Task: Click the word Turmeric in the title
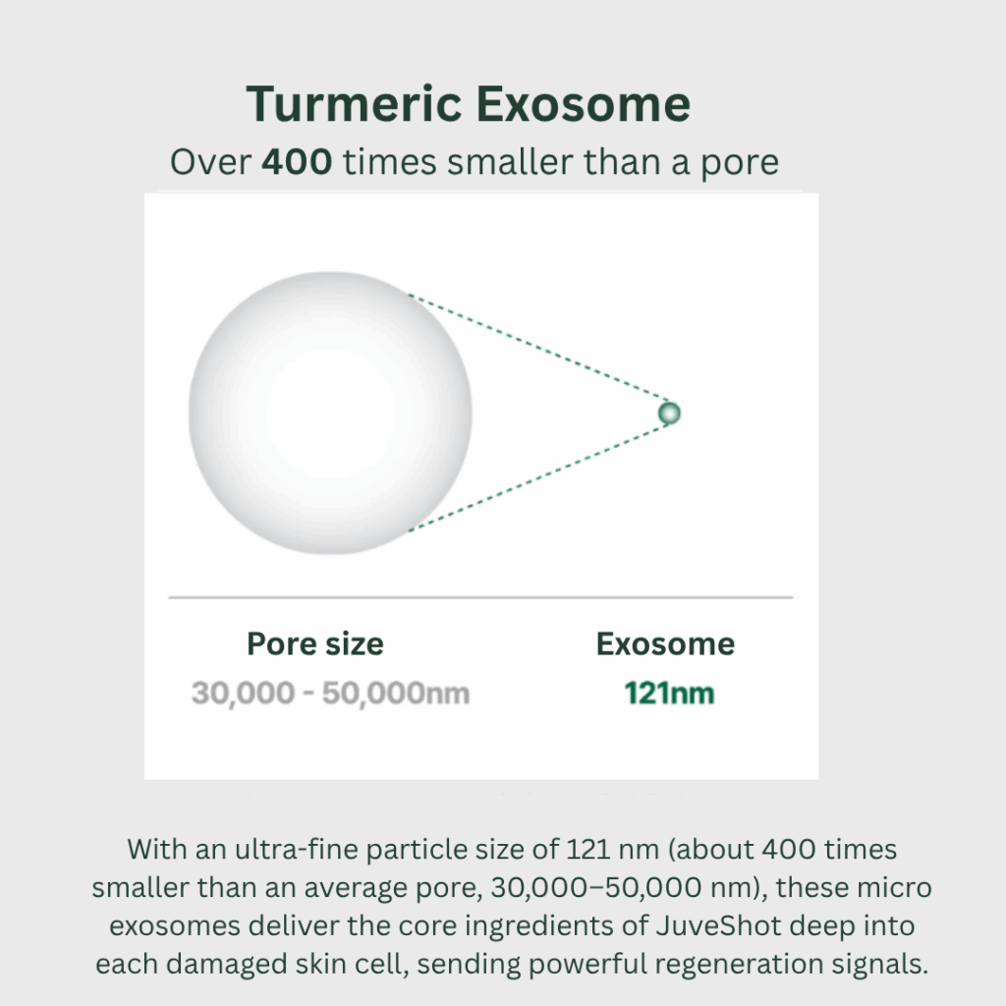pos(354,103)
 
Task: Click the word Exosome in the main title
pos(584,103)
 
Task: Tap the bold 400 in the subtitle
pos(297,161)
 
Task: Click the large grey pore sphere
pos(330,413)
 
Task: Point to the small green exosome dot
pos(669,414)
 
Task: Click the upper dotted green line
pos(539,347)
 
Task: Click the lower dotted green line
pos(539,478)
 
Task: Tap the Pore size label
pos(315,643)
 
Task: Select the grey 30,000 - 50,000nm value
pos(330,694)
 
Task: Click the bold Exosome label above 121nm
pos(665,643)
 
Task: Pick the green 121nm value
pos(669,693)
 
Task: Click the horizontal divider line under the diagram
pos(480,597)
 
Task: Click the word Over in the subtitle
pos(210,162)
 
